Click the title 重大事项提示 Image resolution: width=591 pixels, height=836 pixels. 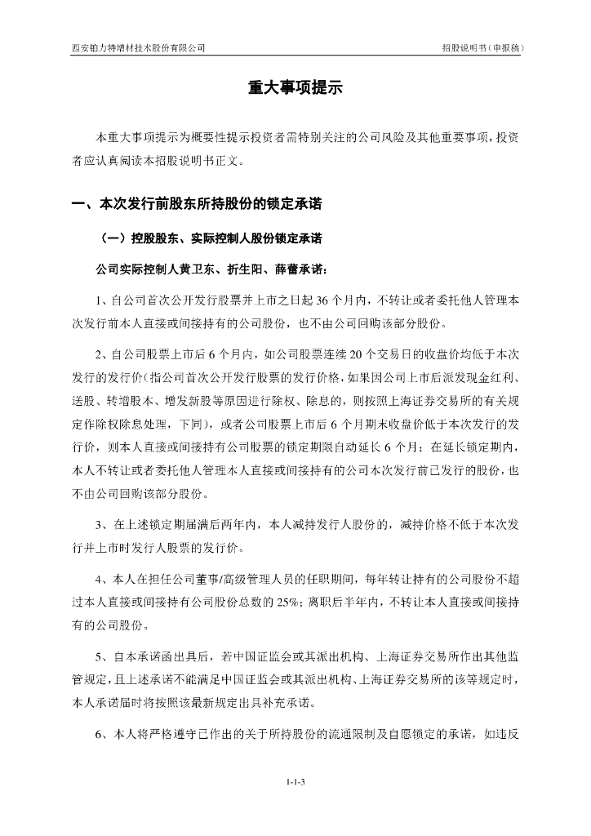295,90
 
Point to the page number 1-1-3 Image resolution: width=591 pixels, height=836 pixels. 295,782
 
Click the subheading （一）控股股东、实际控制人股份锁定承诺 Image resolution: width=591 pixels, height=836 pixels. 208,239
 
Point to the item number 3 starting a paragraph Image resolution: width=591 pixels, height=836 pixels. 98,525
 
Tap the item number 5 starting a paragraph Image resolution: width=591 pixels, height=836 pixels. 98,657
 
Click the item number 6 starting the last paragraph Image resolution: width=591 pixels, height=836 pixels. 98,733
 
